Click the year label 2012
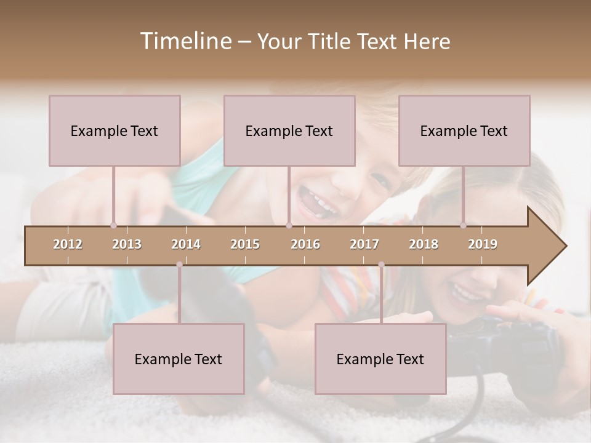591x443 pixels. click(x=68, y=245)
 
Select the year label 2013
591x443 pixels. click(x=127, y=245)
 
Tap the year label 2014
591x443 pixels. click(x=186, y=245)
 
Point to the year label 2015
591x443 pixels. click(x=245, y=245)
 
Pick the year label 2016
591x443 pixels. click(x=305, y=245)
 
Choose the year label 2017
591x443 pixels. click(x=364, y=245)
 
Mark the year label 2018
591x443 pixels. click(x=424, y=245)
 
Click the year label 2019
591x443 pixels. click(x=483, y=245)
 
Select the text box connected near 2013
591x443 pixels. click(x=115, y=130)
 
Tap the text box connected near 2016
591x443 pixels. click(x=289, y=130)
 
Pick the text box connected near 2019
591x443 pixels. click(x=464, y=130)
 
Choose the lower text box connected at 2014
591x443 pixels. click(x=179, y=359)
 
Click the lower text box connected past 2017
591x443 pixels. click(x=380, y=359)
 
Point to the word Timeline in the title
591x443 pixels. click(x=184, y=41)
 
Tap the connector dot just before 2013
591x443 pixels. click(x=113, y=225)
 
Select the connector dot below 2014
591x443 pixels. click(x=179, y=265)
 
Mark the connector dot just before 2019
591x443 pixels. click(x=463, y=225)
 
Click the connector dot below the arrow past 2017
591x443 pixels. click(x=381, y=265)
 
